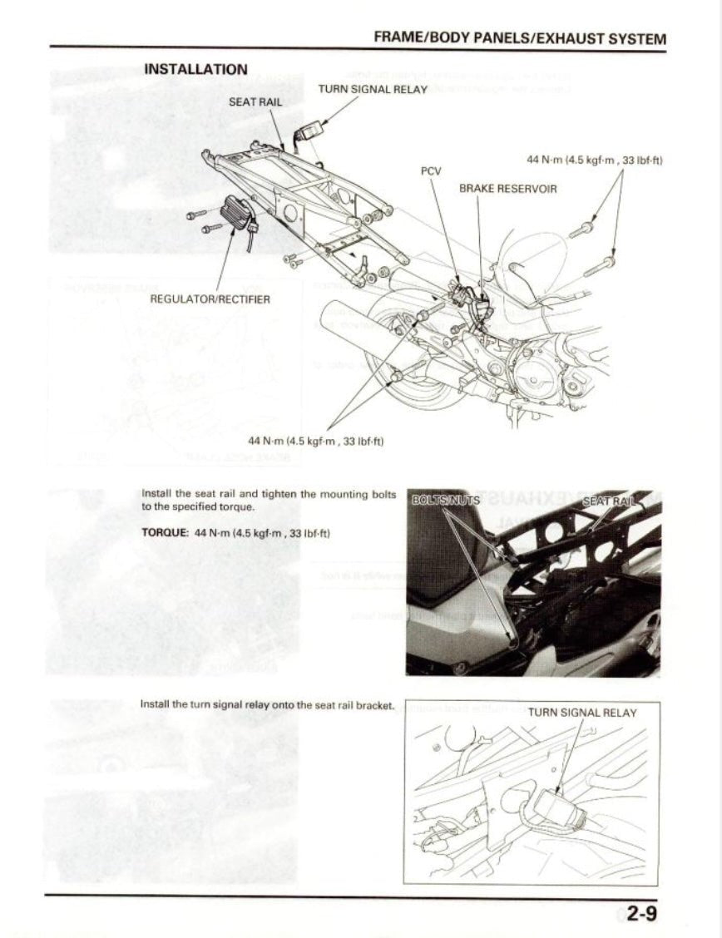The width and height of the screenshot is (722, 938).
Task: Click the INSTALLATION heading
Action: pyautogui.click(x=195, y=69)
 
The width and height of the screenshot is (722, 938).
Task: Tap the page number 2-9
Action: pyautogui.click(x=641, y=915)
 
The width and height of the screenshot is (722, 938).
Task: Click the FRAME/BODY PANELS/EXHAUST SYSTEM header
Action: pyautogui.click(x=520, y=38)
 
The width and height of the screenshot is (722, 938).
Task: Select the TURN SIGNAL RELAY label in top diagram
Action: pyautogui.click(x=372, y=89)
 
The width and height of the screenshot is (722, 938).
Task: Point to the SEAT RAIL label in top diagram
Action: pyautogui.click(x=255, y=102)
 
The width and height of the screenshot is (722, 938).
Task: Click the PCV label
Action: pyautogui.click(x=430, y=170)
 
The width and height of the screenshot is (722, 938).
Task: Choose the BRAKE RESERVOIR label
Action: pyautogui.click(x=507, y=189)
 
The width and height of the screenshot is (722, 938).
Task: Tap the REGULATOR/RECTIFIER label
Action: pyautogui.click(x=210, y=299)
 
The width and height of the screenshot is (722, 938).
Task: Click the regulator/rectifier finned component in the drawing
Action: pyautogui.click(x=235, y=216)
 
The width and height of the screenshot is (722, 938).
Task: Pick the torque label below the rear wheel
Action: pyautogui.click(x=315, y=440)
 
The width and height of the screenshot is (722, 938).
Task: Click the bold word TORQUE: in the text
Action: pyautogui.click(x=166, y=532)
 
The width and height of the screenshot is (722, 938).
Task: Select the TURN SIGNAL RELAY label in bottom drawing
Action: pyautogui.click(x=581, y=713)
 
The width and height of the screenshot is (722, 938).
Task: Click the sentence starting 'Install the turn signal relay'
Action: pyautogui.click(x=266, y=704)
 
